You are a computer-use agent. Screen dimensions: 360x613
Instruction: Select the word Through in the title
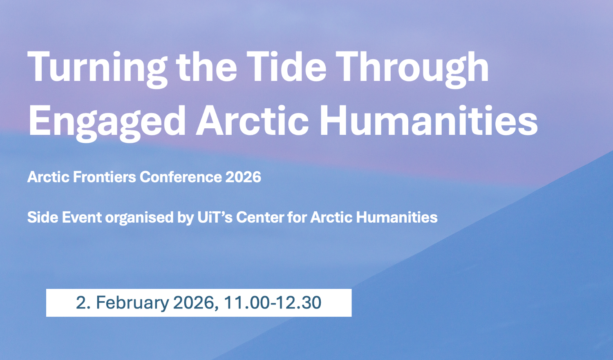(412, 67)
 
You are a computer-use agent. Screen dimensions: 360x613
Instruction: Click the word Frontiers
(104, 177)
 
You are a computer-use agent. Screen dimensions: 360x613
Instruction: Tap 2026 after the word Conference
(243, 177)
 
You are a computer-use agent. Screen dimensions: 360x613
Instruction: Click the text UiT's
(215, 217)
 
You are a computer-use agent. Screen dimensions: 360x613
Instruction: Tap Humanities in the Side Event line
(397, 217)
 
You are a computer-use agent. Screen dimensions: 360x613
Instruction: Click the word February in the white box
(132, 303)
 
